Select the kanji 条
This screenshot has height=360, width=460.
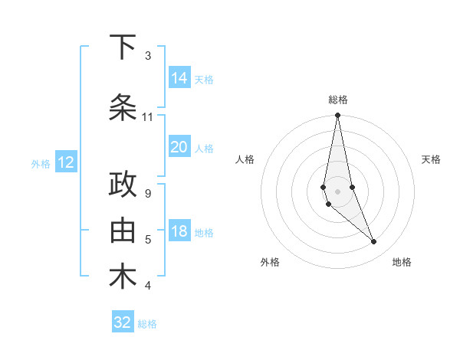click(x=123, y=107)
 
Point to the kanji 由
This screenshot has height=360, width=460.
click(x=123, y=230)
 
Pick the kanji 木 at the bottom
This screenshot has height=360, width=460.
click(x=123, y=277)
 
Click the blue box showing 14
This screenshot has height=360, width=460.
click(x=179, y=78)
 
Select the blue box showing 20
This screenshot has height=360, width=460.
click(x=179, y=148)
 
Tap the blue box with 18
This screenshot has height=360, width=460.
click(x=179, y=232)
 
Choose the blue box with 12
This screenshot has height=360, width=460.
click(x=65, y=162)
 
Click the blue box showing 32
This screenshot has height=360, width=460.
click(x=123, y=322)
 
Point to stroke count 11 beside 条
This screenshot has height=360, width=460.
click(x=148, y=117)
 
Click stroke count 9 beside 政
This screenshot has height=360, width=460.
click(x=148, y=194)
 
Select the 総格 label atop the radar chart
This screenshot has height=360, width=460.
click(x=337, y=100)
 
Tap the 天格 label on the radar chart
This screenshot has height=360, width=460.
click(x=431, y=159)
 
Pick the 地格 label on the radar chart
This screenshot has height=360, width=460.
click(x=402, y=262)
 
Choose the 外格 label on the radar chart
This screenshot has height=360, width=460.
click(x=270, y=262)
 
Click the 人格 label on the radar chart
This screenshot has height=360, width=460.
click(x=245, y=159)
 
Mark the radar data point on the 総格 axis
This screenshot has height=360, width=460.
click(x=337, y=116)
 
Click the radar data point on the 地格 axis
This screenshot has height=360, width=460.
click(x=374, y=242)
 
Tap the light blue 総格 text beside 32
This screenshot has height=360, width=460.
click(x=147, y=324)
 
